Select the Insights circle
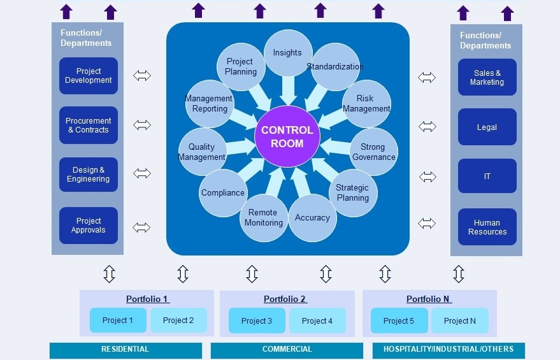click(287, 53)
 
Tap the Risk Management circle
click(366, 104)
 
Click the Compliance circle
click(223, 192)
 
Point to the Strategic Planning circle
click(352, 193)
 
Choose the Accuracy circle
click(312, 218)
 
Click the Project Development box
click(89, 76)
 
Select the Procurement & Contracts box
click(89, 126)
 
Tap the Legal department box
click(487, 127)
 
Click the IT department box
click(487, 176)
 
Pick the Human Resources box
click(487, 227)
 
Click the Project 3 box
click(257, 320)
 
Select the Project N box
click(459, 320)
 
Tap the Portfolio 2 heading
click(285, 299)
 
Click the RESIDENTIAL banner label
click(126, 349)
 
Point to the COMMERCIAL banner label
click(287, 349)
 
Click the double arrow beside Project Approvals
click(142, 227)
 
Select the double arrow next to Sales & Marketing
click(427, 78)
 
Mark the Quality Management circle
click(202, 152)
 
